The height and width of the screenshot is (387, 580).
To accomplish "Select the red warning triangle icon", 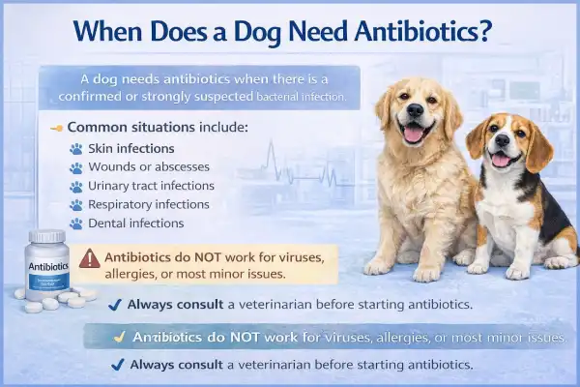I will [x=90, y=258].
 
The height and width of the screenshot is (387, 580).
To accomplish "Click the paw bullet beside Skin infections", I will [x=76, y=149].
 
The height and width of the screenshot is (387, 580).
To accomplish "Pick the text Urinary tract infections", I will [x=153, y=186].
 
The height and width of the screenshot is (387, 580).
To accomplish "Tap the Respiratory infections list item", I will [x=151, y=204].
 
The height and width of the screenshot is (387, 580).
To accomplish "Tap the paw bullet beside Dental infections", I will [x=76, y=223].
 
